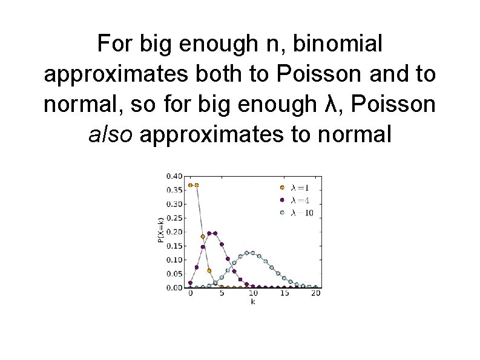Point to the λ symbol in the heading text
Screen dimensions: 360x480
coord(329,104)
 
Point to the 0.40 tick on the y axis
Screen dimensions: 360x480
coord(174,176)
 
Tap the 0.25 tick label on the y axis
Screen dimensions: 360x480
coord(174,218)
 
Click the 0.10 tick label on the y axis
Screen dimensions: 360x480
coord(174,260)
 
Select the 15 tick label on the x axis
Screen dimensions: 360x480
coord(283,293)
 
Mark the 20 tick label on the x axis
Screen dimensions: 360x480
coord(315,293)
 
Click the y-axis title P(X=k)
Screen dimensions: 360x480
coord(160,231)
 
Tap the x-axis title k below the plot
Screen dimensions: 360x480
coord(252,301)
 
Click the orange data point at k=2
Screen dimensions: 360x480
coord(203,237)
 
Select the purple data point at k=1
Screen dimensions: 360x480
coord(197,267)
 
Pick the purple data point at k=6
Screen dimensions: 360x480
coord(228,258)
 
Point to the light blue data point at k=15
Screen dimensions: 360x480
coord(284,278)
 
